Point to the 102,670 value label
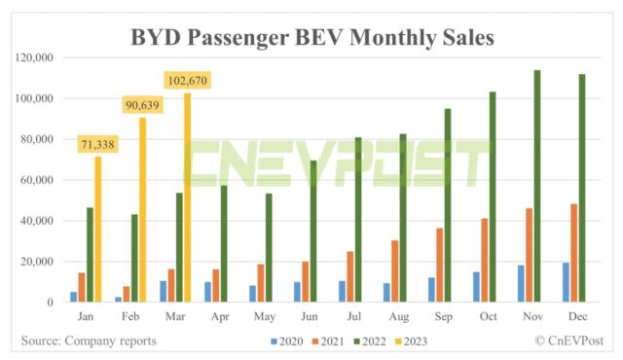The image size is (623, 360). [186, 81]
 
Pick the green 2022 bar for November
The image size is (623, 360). [536, 186]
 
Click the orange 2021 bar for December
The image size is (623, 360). [572, 253]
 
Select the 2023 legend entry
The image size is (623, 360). [409, 342]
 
